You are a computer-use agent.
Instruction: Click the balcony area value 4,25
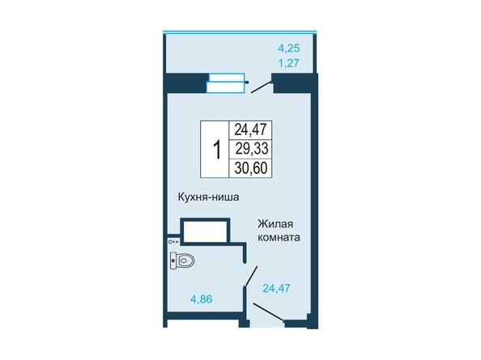[x=288, y=49]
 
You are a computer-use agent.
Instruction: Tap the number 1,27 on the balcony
[x=288, y=63]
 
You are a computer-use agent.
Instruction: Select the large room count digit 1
[x=217, y=150]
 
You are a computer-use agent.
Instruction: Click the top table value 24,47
[x=251, y=129]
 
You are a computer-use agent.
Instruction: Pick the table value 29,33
[x=252, y=149]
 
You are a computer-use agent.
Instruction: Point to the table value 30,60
[x=251, y=168]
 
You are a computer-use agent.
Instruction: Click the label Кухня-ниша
[x=209, y=197]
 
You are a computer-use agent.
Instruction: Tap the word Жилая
[x=275, y=224]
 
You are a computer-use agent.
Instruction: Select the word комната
[x=279, y=238]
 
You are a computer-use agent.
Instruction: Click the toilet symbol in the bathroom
[x=182, y=260]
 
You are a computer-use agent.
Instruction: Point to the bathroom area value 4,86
[x=202, y=299]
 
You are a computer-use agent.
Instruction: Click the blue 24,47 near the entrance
[x=276, y=288]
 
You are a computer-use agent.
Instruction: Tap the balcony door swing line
[x=262, y=87]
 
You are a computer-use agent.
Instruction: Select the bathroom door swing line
[x=251, y=277]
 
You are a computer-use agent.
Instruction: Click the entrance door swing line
[x=269, y=312]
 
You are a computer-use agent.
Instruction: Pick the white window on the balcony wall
[x=226, y=83]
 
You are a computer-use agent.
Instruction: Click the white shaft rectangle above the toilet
[x=205, y=231]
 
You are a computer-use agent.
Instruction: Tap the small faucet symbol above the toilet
[x=173, y=242]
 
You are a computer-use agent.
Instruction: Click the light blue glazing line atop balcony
[x=240, y=32]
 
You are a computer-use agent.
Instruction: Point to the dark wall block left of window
[x=186, y=83]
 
